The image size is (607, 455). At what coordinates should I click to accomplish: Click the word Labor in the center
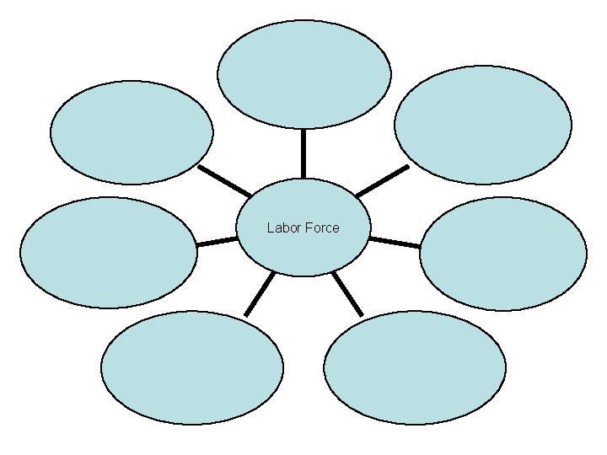[282, 227]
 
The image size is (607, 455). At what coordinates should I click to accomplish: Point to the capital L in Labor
[270, 227]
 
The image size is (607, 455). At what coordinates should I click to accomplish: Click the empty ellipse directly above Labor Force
[303, 74]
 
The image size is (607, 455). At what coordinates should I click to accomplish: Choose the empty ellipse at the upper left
[132, 132]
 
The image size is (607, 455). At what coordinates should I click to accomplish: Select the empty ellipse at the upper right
[482, 125]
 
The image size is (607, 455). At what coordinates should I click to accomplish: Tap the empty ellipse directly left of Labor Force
[109, 252]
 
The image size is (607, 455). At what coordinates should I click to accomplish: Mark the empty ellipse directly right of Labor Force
[502, 254]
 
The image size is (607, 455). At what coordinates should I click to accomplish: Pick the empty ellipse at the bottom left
[192, 367]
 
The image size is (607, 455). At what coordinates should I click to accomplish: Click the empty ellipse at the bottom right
[415, 367]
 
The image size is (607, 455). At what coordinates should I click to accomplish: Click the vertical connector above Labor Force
[303, 153]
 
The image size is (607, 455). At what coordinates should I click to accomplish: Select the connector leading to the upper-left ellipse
[223, 180]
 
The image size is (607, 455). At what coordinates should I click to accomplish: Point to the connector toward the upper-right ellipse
[382, 180]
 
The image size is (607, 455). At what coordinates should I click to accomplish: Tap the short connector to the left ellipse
[217, 242]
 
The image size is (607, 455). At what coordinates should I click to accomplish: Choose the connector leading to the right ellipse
[395, 242]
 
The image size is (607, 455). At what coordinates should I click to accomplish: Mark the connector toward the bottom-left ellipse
[260, 294]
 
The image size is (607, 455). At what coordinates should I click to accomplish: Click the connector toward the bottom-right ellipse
[347, 293]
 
